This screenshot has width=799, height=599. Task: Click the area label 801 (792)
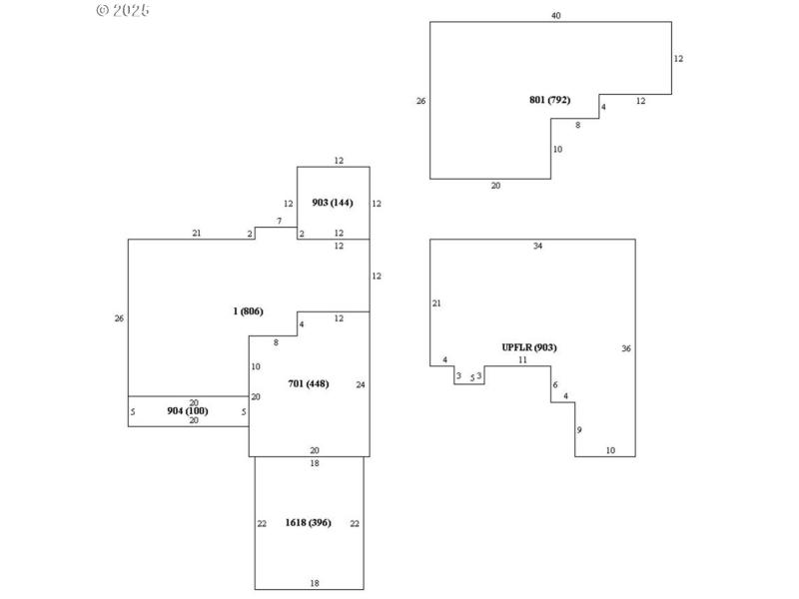pos(549,100)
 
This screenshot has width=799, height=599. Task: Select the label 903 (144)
pos(332,203)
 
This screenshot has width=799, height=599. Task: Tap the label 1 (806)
pos(248,311)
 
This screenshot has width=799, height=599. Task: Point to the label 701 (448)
pos(308,383)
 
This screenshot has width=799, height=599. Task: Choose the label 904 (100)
pos(188,410)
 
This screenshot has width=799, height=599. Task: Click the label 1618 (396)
pos(308,522)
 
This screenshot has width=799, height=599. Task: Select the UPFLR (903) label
pos(529,346)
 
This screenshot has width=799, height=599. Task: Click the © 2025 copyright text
pos(123,10)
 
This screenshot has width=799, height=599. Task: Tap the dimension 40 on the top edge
pos(555,15)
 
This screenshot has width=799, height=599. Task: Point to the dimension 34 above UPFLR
pos(537,246)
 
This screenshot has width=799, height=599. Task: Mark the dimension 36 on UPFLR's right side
pos(626,348)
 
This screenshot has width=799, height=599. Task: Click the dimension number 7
pos(279,221)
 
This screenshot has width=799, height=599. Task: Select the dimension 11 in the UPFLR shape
pos(521,359)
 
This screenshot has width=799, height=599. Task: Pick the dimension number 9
pos(579,429)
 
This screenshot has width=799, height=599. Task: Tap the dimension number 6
pos(555,385)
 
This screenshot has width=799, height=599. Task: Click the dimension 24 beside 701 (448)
pos(361,383)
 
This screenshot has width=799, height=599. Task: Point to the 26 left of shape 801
pos(420,100)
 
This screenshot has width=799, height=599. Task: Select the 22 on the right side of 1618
pos(355,523)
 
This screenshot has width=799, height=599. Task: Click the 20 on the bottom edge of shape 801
pos(495,186)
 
